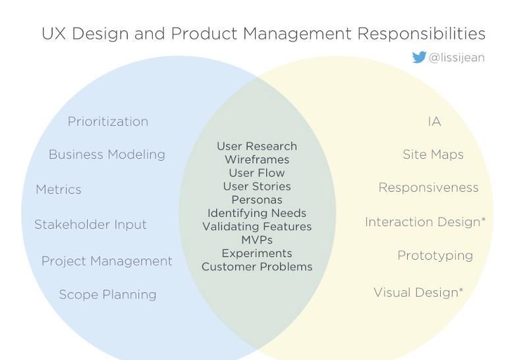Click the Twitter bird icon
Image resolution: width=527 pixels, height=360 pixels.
click(419, 57)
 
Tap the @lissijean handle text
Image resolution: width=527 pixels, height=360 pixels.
click(457, 58)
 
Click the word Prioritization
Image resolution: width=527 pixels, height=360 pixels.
click(108, 121)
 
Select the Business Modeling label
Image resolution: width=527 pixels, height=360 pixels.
click(107, 154)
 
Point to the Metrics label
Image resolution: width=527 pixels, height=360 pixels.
click(59, 189)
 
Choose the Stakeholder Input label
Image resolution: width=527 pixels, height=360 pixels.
click(90, 224)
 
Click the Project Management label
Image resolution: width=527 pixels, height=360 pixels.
click(107, 261)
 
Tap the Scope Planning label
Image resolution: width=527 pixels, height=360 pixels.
click(107, 294)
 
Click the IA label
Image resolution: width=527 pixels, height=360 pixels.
click(434, 121)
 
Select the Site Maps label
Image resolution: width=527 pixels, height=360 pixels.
click(433, 154)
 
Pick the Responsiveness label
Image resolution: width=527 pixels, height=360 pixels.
click(429, 188)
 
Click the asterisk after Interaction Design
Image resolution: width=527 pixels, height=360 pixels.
click(484, 220)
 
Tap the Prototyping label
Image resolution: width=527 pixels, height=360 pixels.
click(435, 256)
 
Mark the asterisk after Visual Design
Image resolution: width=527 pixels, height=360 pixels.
click(460, 289)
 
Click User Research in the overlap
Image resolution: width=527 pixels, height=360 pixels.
click(257, 146)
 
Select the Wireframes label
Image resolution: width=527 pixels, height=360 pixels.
click(257, 160)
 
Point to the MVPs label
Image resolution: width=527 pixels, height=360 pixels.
click(257, 240)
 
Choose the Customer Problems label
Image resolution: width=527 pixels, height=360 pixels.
click(257, 267)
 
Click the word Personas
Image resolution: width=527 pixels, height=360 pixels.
click(257, 200)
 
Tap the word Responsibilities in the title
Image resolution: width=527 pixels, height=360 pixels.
click(421, 34)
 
